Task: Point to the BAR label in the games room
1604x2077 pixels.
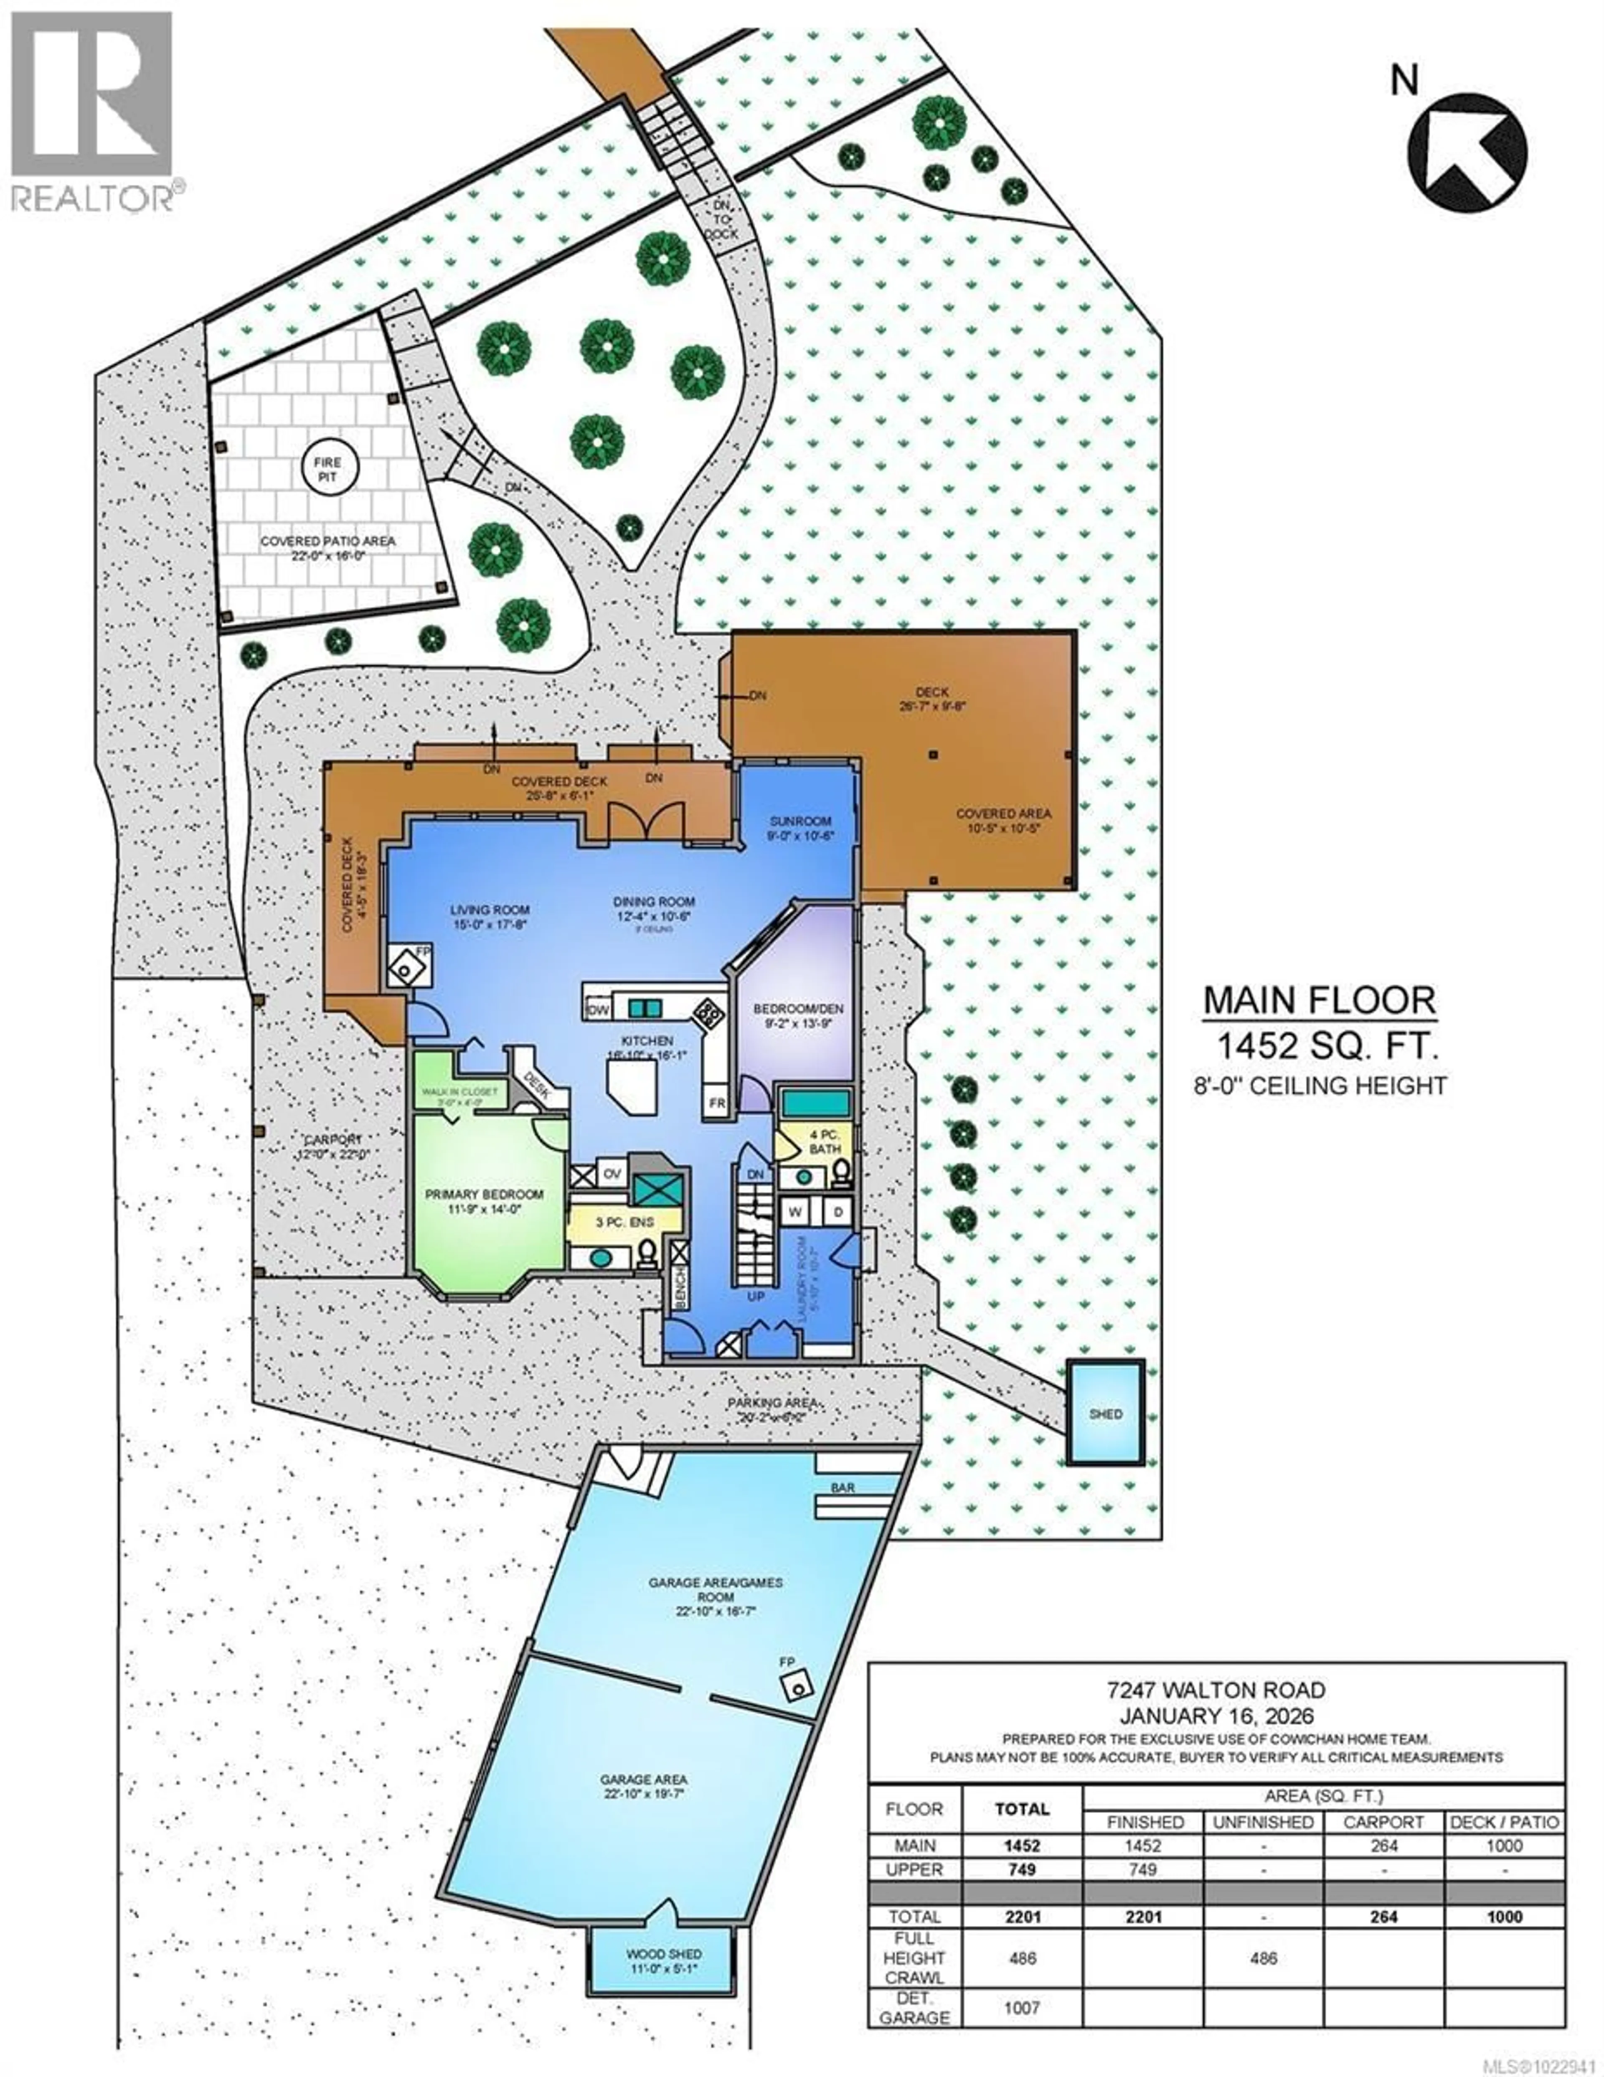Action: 843,1487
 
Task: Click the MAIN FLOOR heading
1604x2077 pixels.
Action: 1319,1000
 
